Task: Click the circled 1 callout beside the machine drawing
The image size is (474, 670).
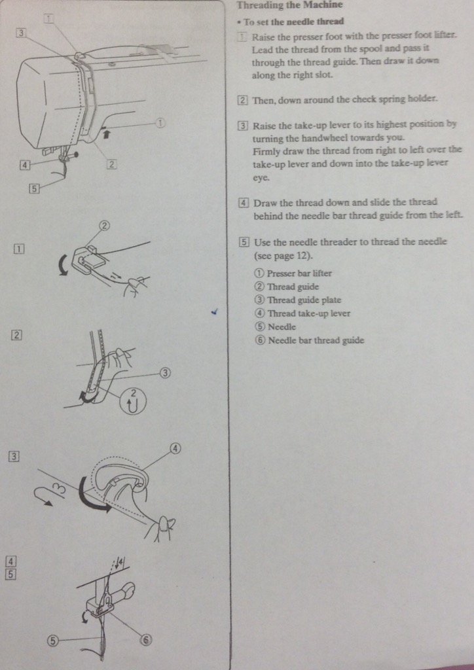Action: point(160,122)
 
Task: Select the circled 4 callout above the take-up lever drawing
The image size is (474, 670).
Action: point(175,448)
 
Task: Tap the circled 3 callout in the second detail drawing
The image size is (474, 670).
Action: point(165,373)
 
